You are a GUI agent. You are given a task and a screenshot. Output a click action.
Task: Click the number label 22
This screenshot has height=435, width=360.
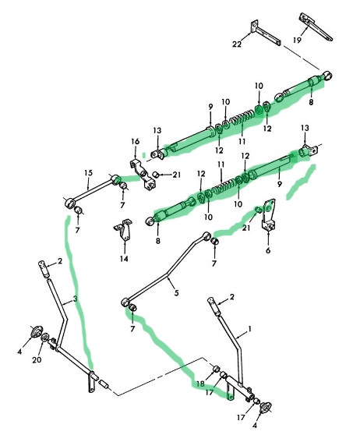tap(237, 44)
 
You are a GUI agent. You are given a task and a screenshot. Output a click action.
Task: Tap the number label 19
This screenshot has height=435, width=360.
tap(297, 41)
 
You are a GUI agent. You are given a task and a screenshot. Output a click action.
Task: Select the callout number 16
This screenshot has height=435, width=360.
tap(135, 141)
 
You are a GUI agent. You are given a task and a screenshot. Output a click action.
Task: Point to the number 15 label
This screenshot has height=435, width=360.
tap(88, 173)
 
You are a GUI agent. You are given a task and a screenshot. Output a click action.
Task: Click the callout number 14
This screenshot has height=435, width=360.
tap(124, 259)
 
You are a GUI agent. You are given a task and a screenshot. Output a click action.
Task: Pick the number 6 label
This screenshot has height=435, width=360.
tap(268, 250)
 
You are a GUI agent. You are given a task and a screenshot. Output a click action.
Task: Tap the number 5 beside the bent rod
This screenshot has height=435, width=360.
tap(176, 292)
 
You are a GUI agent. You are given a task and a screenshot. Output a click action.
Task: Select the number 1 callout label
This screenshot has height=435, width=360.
tap(249, 329)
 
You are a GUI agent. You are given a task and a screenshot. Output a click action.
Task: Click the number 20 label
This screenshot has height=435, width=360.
tap(37, 360)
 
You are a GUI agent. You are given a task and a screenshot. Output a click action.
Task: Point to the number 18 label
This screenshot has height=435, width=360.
tap(200, 384)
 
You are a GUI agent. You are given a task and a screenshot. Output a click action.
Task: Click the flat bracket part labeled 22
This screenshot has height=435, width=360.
tap(266, 33)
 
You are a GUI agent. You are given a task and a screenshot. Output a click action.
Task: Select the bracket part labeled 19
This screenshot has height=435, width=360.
tap(316, 27)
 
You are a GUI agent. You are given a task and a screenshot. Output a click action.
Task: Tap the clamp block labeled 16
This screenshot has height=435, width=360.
tap(143, 174)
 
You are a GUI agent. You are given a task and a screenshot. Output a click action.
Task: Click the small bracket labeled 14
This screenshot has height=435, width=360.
tap(123, 230)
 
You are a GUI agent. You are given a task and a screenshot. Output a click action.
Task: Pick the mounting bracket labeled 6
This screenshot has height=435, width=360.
tap(269, 214)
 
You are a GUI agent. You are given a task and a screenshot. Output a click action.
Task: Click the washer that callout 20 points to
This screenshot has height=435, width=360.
tap(45, 338)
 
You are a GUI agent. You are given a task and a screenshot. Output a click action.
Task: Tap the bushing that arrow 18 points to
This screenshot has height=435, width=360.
tap(217, 369)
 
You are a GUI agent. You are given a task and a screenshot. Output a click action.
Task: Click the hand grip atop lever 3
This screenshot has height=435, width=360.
tap(43, 268)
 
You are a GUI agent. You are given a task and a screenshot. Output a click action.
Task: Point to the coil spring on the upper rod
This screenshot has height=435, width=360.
tap(242, 117)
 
